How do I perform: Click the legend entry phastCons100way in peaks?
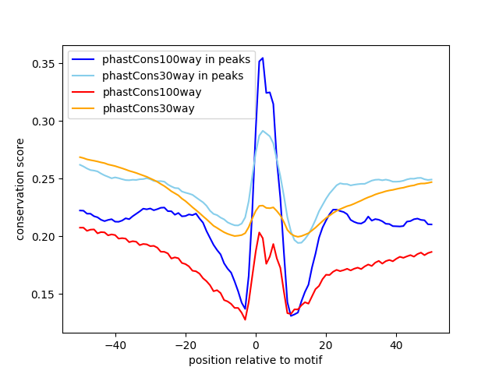click(x=175, y=60)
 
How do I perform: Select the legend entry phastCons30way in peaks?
click(x=172, y=76)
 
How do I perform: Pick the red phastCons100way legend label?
click(x=152, y=92)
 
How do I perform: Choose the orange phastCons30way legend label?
click(x=148, y=108)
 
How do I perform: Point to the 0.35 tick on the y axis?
click(x=45, y=63)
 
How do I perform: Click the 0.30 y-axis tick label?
click(x=45, y=121)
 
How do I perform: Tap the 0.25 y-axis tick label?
click(x=45, y=178)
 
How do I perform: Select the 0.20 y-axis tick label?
click(x=45, y=236)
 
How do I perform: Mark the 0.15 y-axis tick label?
click(x=45, y=294)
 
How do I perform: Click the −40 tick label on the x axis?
click(x=115, y=344)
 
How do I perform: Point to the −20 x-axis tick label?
click(x=185, y=344)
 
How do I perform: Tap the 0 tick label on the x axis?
click(x=256, y=344)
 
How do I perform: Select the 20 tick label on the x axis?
click(x=326, y=344)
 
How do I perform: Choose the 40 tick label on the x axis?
click(x=396, y=344)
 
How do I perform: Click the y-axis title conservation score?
click(x=20, y=189)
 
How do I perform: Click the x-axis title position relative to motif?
click(x=255, y=360)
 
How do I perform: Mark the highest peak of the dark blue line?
click(x=263, y=58)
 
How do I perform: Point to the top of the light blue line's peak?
click(x=263, y=131)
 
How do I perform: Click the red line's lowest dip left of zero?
click(x=245, y=319)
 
